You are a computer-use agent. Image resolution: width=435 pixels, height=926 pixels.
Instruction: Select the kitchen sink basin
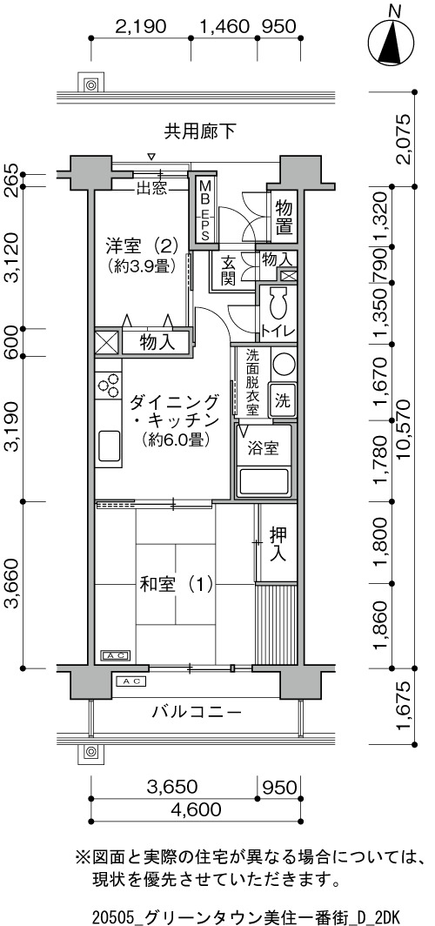coord(109,446)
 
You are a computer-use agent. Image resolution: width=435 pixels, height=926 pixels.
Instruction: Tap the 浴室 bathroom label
coord(264,448)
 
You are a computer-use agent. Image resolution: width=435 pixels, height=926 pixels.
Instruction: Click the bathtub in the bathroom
coord(264,481)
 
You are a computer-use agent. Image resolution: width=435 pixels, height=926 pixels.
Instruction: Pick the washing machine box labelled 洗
coord(282,401)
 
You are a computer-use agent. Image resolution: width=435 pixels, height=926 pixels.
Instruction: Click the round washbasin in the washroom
coord(283,365)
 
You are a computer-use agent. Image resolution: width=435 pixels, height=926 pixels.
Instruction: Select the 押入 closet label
coord(278,544)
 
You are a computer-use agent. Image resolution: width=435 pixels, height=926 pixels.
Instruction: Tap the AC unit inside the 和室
coord(117,655)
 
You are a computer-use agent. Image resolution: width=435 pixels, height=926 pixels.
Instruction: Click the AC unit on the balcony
coord(130,681)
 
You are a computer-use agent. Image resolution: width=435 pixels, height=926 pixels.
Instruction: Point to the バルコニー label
coord(197,712)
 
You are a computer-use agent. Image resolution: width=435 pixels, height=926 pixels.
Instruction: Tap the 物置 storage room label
coord(284,218)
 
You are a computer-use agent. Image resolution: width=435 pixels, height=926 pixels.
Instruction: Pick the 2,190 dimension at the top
coord(141,27)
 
